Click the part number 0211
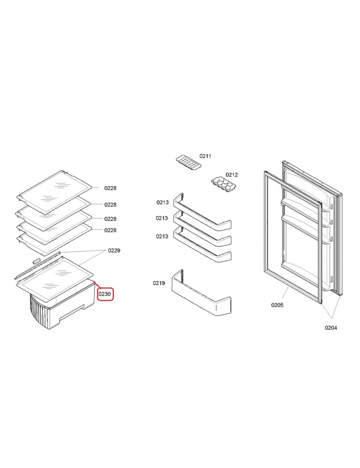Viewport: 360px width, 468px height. point(205,156)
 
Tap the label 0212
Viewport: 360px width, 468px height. point(232,175)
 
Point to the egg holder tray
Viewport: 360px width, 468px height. point(224,184)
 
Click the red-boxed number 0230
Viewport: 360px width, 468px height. point(104,294)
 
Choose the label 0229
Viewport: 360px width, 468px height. point(114,250)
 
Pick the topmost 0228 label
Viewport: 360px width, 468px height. point(110,188)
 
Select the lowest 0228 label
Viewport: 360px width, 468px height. point(110,230)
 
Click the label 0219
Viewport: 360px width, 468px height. point(159,283)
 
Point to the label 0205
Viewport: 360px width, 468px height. point(277,305)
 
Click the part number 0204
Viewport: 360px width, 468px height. point(331,328)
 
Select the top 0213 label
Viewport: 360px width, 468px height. point(162,202)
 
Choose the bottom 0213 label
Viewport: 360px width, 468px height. point(162,236)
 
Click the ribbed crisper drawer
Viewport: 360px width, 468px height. point(61,312)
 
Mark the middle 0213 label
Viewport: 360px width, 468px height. point(162,218)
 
